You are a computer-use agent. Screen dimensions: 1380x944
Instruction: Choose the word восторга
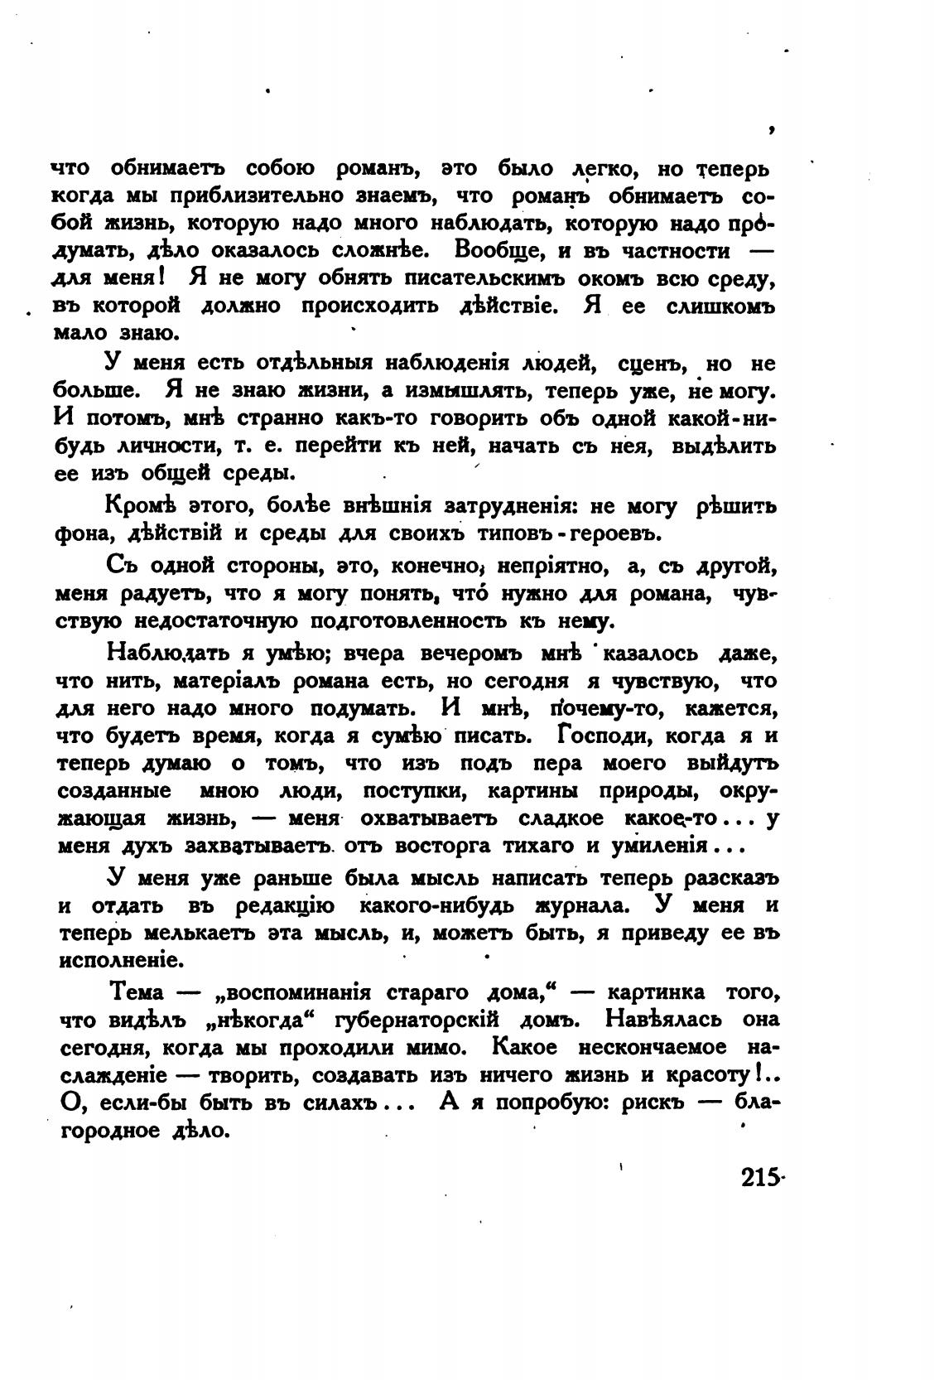[446, 847]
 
